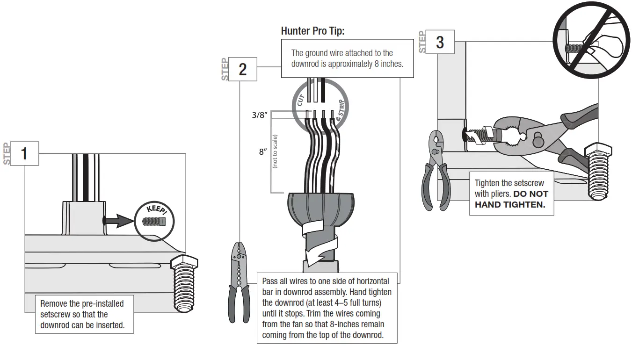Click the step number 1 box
click(24, 153)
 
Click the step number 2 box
click(242, 69)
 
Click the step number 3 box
click(440, 42)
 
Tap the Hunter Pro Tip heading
click(312, 31)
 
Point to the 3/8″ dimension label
click(259, 115)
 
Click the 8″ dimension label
click(263, 152)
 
